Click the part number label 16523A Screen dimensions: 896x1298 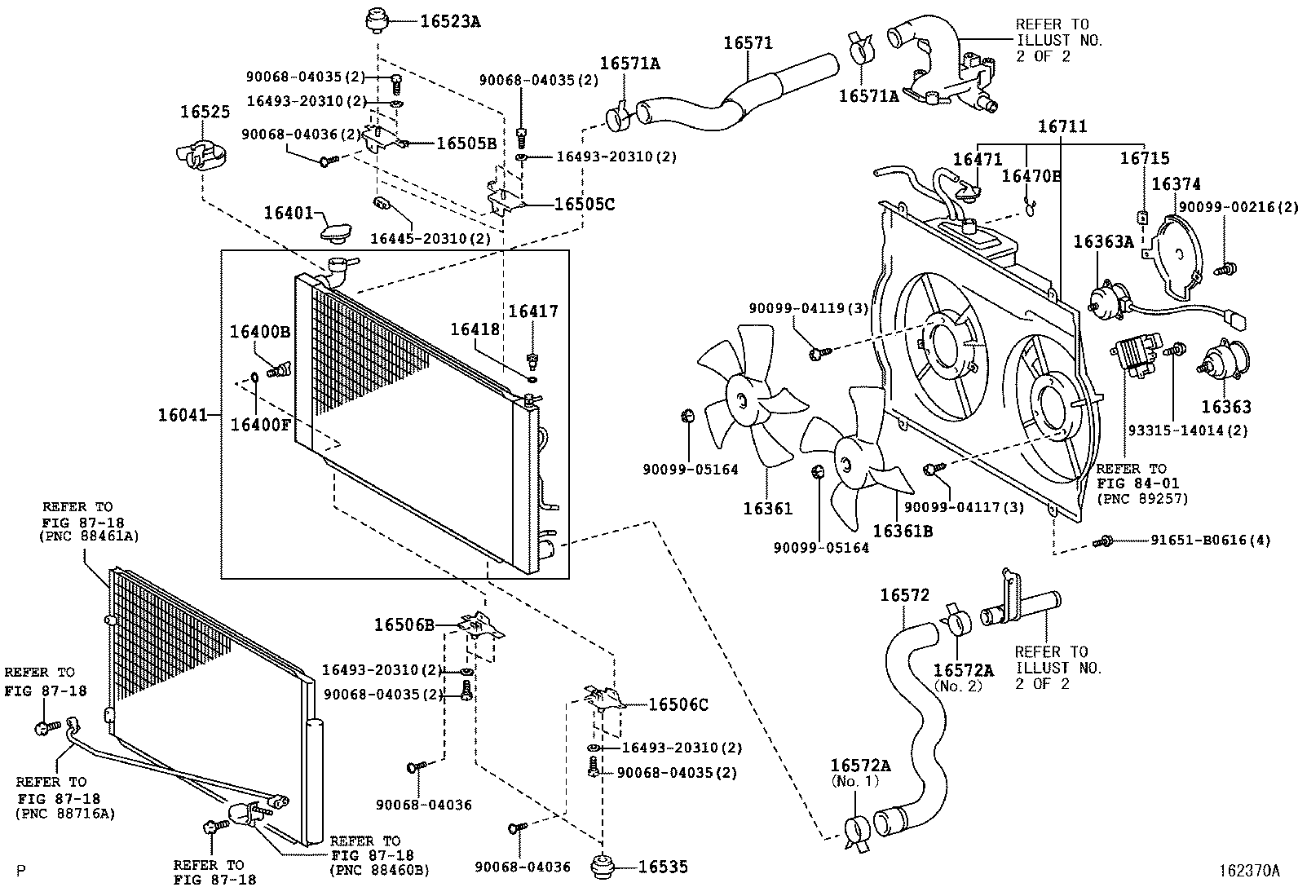[450, 22]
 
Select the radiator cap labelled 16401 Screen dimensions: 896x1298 [334, 232]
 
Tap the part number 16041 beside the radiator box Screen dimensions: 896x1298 [178, 416]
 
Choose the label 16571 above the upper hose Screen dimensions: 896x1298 [748, 42]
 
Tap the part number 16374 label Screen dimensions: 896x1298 [1176, 185]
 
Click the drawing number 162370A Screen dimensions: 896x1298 [1250, 870]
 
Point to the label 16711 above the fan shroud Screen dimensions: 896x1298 [1062, 126]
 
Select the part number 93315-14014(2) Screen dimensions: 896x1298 [1187, 430]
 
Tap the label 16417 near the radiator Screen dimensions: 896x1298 [533, 311]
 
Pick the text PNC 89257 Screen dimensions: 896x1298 [1142, 498]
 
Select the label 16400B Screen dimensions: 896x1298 [259, 332]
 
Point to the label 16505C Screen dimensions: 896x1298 [584, 204]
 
